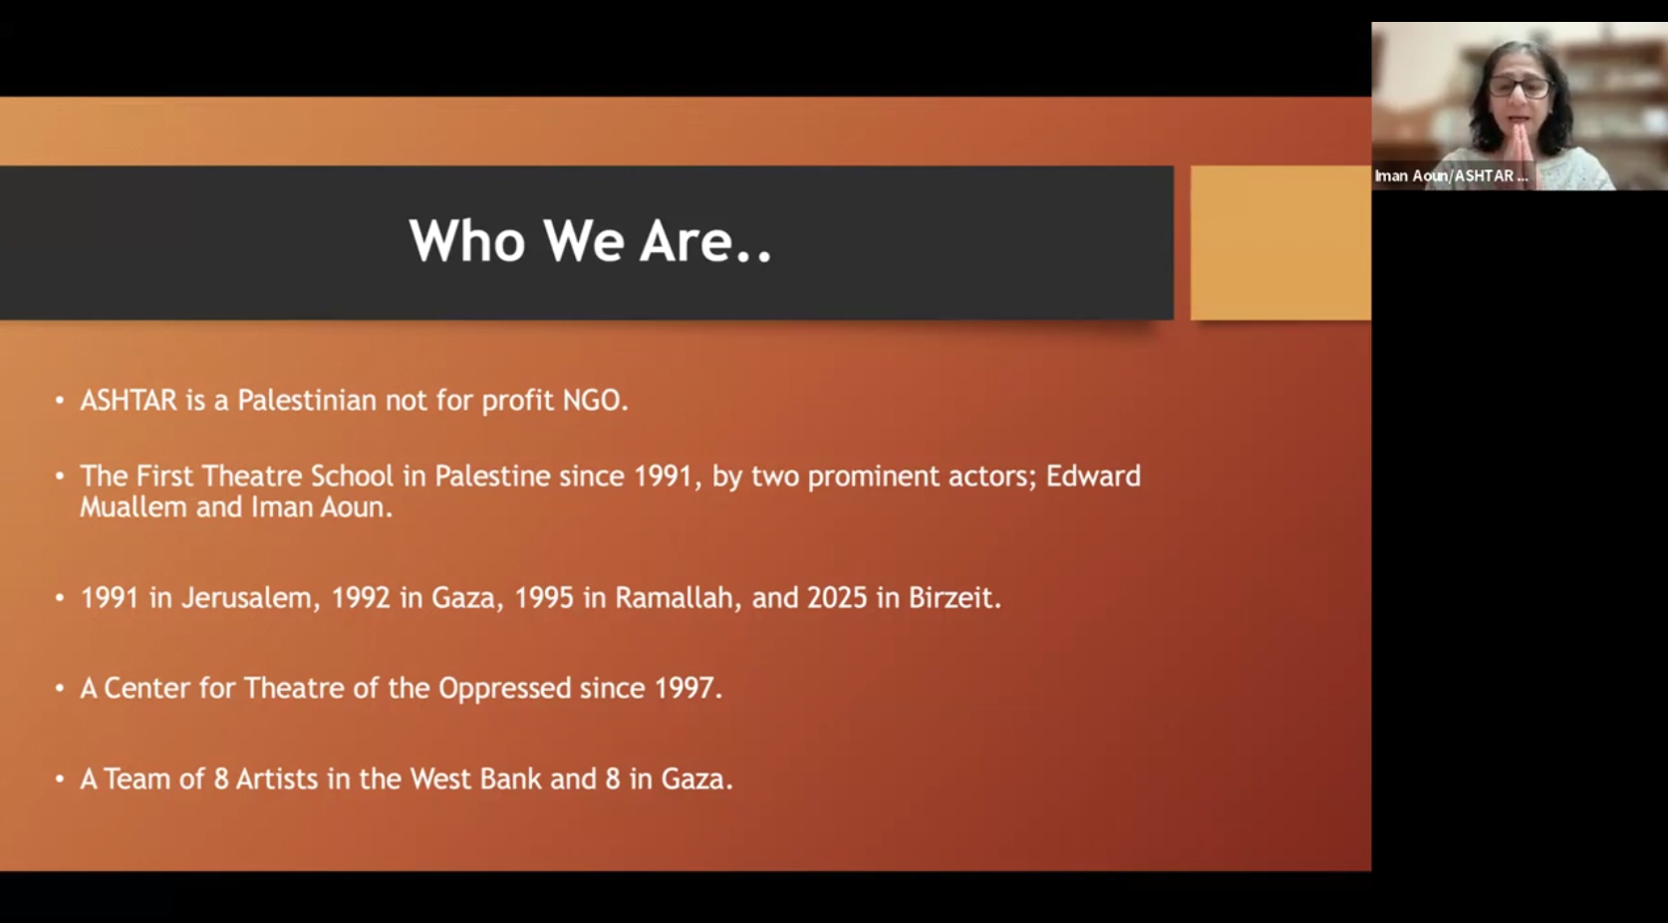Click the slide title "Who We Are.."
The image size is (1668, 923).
click(591, 240)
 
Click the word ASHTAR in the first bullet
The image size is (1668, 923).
click(129, 401)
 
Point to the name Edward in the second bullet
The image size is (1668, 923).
click(1093, 476)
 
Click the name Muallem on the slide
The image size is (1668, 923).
click(134, 507)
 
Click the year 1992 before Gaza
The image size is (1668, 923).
click(361, 597)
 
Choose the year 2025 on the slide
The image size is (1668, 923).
click(837, 597)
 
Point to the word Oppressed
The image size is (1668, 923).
click(504, 689)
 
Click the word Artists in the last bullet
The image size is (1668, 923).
click(277, 779)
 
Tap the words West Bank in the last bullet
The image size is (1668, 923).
click(476, 779)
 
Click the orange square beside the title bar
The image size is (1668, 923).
click(1280, 243)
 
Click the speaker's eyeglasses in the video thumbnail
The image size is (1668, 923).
click(1520, 87)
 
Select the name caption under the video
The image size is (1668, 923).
click(1451, 176)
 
